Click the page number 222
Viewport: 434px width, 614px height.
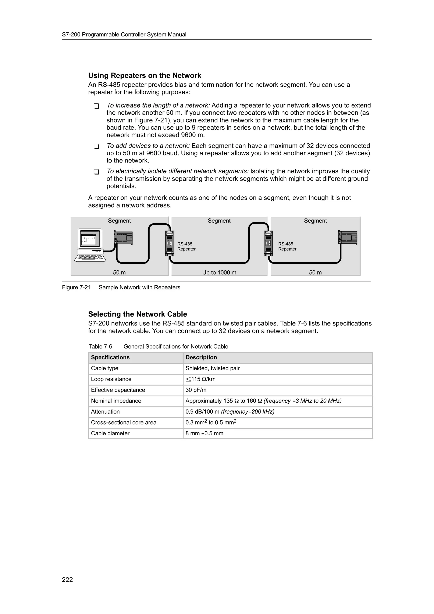[x=67, y=579]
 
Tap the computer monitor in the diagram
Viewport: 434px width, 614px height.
[x=90, y=239]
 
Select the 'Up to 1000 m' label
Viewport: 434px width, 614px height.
[x=219, y=272]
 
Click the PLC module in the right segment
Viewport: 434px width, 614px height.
[x=348, y=238]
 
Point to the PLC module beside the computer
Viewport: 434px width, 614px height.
[x=123, y=238]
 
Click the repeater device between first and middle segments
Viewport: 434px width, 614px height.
[x=170, y=243]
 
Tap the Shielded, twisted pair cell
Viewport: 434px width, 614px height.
[x=212, y=368]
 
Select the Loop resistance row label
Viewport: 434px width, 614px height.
[x=111, y=379]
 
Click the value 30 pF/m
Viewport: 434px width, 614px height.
[x=196, y=390]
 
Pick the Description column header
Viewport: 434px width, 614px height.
[x=201, y=358]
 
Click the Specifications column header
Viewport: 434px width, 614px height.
[x=110, y=358]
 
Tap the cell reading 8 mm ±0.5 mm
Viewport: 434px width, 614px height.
[x=204, y=433]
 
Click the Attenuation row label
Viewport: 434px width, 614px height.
[x=105, y=412]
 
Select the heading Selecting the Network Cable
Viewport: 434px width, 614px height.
[x=138, y=314]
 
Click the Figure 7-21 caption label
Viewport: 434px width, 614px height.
[x=77, y=288]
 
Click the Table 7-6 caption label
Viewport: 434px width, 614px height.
[x=100, y=347]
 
